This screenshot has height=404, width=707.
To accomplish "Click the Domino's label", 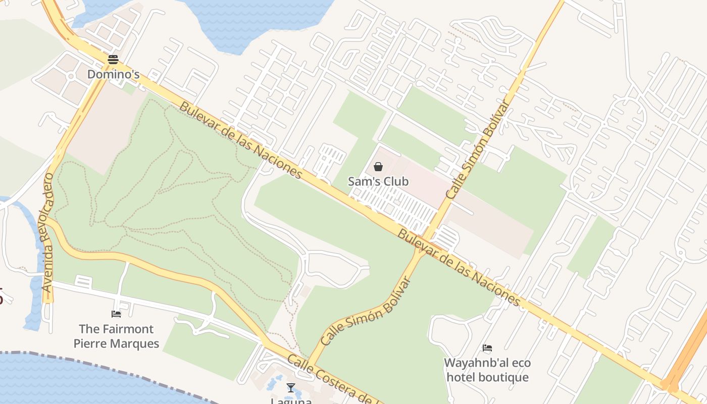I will click(113, 74).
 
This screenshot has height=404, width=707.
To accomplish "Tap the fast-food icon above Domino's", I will click(113, 60).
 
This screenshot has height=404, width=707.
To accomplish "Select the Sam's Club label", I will click(378, 181).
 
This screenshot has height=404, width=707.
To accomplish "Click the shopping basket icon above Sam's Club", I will click(378, 167).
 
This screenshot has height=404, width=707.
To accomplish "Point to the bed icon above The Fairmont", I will click(116, 314).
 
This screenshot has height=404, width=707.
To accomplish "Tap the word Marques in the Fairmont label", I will click(136, 344).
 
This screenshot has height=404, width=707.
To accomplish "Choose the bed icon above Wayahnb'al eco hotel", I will click(487, 348).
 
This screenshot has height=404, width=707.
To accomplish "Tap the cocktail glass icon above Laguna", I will click(290, 388).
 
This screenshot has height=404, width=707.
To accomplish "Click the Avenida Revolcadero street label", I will click(48, 232).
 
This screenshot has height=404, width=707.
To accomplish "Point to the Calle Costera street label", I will click(333, 376).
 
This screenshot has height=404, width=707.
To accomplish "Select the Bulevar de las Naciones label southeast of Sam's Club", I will click(459, 268).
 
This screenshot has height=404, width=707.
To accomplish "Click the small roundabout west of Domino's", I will click(71, 76).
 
